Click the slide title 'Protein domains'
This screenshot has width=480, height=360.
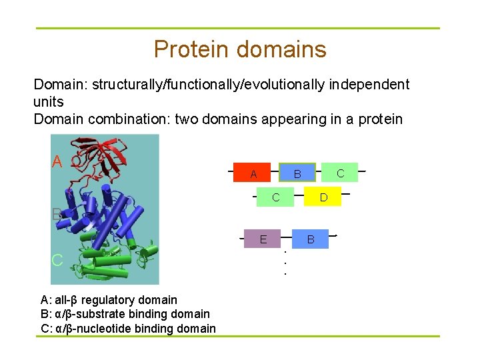coord(240,49)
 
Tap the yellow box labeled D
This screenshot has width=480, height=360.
coord(323,197)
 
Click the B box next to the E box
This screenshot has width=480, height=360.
coord(310,238)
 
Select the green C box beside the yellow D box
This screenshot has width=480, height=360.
coord(275,197)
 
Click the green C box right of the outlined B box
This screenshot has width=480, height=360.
coord(340,173)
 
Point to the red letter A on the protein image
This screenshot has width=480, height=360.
coord(58,162)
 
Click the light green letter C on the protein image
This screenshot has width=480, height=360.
coord(58,260)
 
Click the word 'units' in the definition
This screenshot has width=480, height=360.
coord(48,101)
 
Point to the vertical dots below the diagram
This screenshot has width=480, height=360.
coord(285,263)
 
